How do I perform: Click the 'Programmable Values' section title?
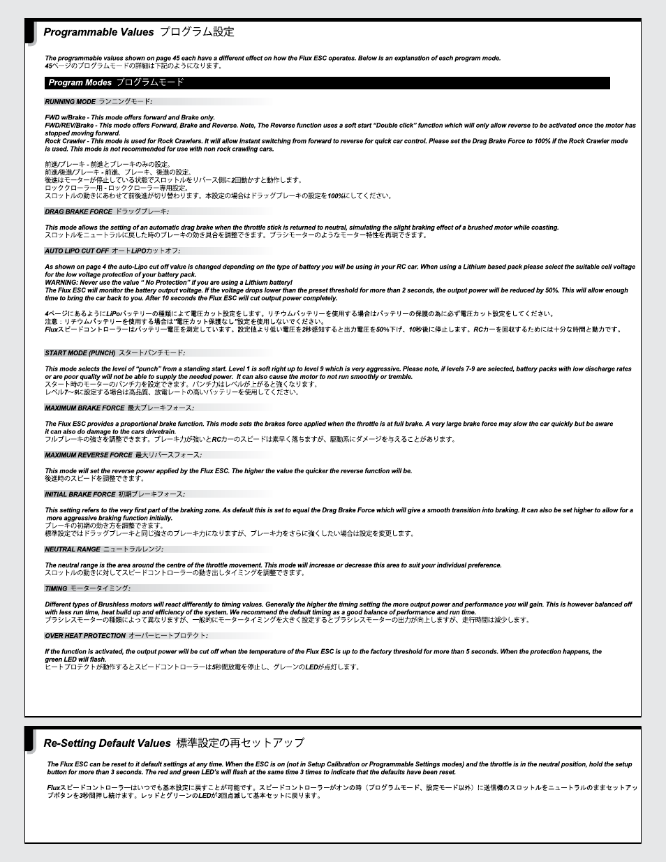[98, 32]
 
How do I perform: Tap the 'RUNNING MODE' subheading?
[71, 102]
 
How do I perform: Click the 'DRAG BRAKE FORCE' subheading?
[79, 211]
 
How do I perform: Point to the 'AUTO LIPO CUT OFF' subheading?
[77, 251]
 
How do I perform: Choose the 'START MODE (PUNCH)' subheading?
[80, 353]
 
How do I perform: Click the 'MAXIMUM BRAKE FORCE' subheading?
[84, 408]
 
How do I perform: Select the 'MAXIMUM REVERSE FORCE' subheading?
[89, 455]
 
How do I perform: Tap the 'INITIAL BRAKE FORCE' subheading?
[80, 494]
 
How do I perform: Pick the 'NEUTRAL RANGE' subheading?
[73, 549]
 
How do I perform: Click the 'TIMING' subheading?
[57, 588]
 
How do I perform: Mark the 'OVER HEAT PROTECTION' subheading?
[85, 636]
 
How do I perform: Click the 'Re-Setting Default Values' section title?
[107, 743]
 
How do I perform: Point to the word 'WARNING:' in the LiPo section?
[61, 283]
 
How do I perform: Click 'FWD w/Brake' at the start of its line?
[66, 118]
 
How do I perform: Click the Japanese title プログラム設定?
[197, 32]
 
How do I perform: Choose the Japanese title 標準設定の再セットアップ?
[240, 743]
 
